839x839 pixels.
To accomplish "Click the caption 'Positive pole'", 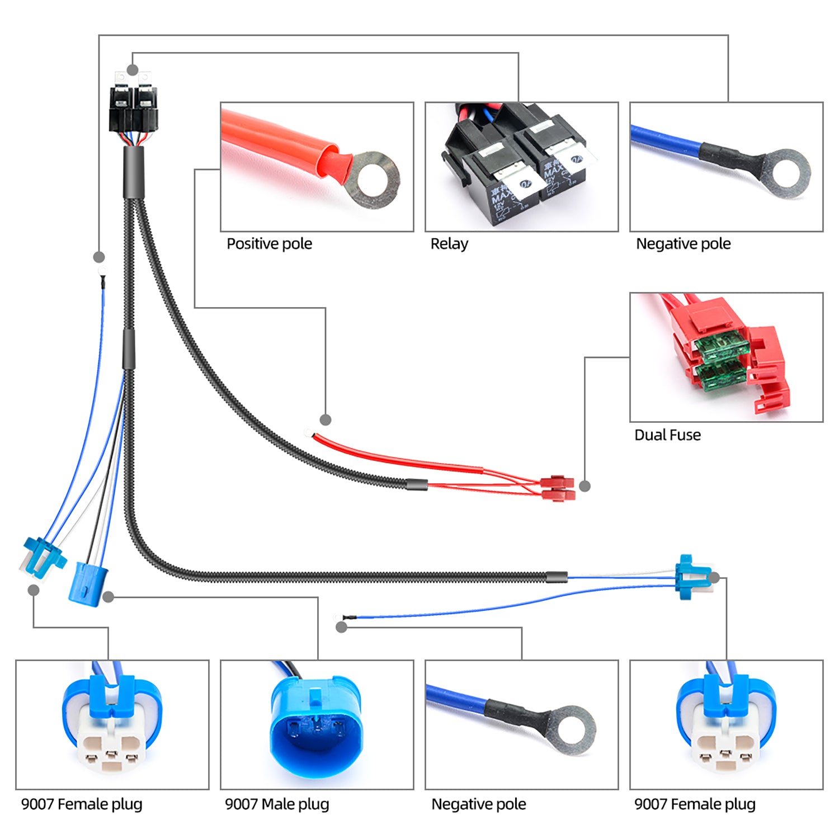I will tap(269, 244).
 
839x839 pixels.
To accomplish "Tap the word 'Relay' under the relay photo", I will tap(449, 244).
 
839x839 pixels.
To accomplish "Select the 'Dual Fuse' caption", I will tap(667, 435).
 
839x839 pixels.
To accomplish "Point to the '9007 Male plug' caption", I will tap(277, 804).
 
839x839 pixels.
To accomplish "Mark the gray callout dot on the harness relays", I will tap(133, 70).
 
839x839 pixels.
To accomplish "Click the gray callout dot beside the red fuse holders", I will tap(585, 486).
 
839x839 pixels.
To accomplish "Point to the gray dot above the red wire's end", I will tap(326, 419).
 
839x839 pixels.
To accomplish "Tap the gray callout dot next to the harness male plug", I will tap(109, 597).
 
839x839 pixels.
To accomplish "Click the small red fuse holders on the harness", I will tap(558, 488).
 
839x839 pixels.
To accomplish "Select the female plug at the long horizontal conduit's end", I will tap(692, 577).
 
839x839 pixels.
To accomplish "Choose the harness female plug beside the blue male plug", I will tap(41, 557).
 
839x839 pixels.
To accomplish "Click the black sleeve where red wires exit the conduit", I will tap(417, 484).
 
